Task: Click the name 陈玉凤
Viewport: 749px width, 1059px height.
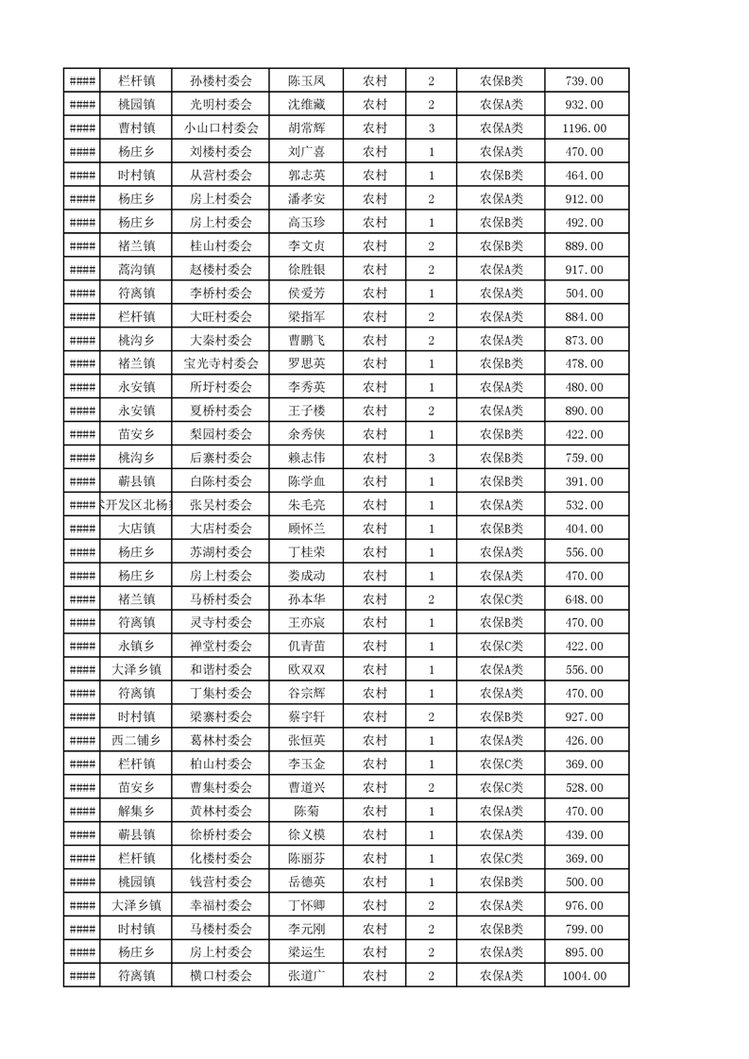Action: [306, 81]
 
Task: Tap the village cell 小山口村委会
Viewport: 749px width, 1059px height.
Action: [221, 128]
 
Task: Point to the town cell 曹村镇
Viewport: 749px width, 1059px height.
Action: [136, 128]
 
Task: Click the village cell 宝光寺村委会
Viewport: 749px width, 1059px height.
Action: [221, 363]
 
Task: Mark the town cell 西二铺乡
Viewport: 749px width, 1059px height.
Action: [136, 740]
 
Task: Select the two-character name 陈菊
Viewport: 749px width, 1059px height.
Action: [306, 811]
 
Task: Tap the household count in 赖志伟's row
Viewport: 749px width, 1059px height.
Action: [431, 458]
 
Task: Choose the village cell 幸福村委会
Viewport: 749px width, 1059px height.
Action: [221, 905]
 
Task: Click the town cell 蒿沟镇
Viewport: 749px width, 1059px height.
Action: [136, 269]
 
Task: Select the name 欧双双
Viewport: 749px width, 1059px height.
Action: [306, 669]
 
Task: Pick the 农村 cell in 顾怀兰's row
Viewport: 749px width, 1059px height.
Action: [375, 529]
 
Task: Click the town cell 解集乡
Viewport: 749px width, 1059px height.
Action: [136, 811]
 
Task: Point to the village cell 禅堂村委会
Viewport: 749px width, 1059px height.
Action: [221, 646]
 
